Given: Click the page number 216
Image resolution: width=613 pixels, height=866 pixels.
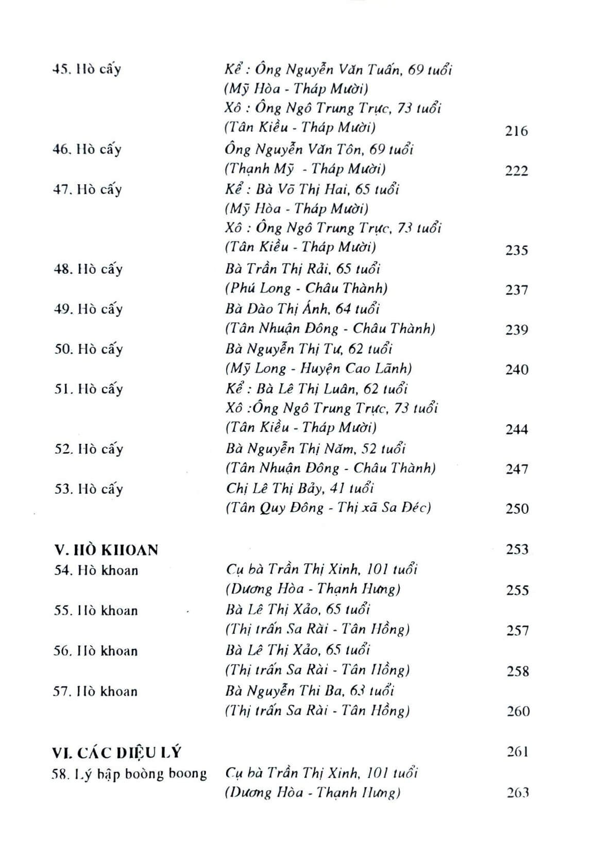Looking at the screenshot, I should (516, 131).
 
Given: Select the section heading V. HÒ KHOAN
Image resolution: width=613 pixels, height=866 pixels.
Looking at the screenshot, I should (106, 550).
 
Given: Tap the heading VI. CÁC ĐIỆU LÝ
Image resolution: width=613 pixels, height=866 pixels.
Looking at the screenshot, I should (117, 753).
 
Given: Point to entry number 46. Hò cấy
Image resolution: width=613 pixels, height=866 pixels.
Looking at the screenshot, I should (87, 149).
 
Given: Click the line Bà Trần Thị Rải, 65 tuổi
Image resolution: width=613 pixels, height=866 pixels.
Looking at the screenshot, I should (303, 269).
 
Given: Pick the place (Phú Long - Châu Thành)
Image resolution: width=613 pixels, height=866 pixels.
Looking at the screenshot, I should (306, 288).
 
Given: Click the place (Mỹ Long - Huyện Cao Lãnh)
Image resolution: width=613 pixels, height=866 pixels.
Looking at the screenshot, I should (318, 369).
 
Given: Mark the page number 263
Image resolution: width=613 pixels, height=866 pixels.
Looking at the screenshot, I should (517, 793).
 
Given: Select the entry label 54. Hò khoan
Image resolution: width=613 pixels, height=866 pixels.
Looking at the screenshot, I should (96, 570).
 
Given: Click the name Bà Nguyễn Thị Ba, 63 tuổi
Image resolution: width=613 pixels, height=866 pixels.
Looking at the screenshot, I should (310, 691).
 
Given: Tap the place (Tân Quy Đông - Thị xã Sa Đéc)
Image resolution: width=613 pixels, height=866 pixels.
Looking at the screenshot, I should (328, 508).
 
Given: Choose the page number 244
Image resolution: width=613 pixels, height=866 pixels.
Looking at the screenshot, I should (516, 429).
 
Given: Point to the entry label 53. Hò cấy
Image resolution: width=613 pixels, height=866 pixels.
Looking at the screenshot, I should (89, 489).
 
